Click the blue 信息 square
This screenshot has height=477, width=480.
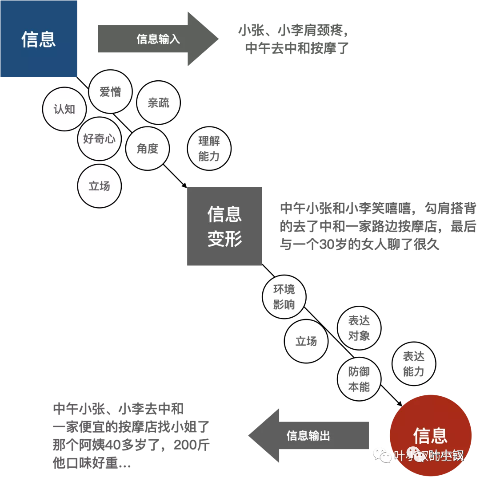(x=39, y=39)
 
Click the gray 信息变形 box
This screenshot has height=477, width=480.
(x=224, y=226)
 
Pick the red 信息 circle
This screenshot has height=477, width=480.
(x=430, y=433)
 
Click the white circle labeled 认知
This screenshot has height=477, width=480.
(x=64, y=109)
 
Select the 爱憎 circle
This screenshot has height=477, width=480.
(x=110, y=92)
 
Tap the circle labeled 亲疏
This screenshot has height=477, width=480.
(x=158, y=103)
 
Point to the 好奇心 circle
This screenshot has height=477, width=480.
(x=99, y=139)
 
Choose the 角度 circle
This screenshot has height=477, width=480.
(x=148, y=149)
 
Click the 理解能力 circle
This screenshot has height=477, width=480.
(x=209, y=149)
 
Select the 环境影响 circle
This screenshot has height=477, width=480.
(x=284, y=297)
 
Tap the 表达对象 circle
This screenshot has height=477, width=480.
(x=359, y=328)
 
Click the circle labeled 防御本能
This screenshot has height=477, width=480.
(x=359, y=379)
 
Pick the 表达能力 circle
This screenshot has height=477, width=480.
(x=413, y=364)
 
